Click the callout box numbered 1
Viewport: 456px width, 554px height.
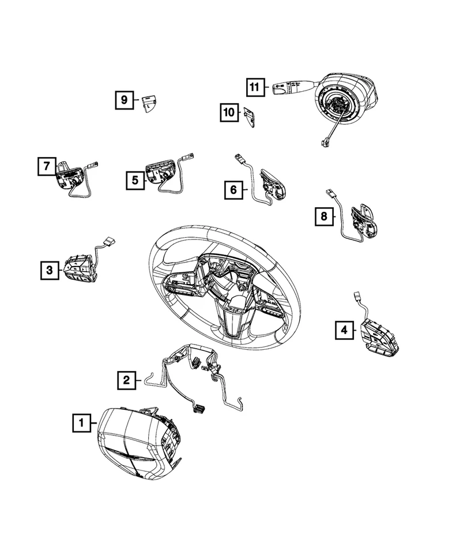81,424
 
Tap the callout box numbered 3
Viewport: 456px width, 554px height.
50,269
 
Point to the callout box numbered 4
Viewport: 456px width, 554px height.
344,330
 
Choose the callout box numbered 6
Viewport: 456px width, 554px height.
233,189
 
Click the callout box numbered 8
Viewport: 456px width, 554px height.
323,216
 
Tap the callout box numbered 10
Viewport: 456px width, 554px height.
229,113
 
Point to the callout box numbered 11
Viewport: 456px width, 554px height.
254,87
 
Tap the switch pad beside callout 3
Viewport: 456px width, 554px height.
78,269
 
